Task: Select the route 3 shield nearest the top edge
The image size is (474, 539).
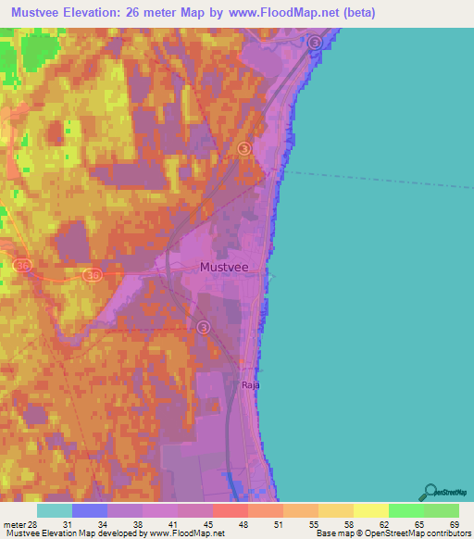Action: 315,43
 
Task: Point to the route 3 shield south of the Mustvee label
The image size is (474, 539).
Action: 204,327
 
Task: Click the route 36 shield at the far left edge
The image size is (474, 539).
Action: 22,266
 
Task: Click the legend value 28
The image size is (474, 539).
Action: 32,524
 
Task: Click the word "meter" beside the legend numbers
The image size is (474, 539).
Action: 13,524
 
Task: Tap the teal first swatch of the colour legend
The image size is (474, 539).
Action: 55,510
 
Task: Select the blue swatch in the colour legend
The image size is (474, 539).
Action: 90,510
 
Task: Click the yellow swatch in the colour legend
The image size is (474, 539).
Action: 371,510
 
